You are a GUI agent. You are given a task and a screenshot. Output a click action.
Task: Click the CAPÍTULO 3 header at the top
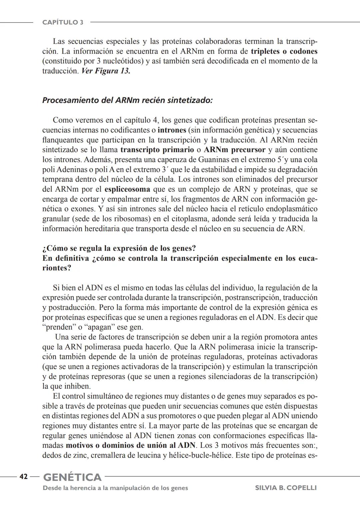[63, 22]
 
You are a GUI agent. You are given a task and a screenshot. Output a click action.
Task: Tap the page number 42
[23, 477]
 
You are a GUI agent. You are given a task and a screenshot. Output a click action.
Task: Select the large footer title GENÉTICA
[72, 477]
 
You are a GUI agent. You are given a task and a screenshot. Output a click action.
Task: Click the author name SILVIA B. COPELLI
[286, 488]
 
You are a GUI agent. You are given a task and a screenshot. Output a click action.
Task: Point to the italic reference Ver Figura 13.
[106, 71]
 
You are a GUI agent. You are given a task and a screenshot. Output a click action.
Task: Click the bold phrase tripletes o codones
[284, 51]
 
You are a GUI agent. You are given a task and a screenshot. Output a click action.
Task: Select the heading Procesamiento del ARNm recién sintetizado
[127, 100]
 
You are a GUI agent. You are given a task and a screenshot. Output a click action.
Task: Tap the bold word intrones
[172, 130]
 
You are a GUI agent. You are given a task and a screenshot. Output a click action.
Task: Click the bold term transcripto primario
[157, 150]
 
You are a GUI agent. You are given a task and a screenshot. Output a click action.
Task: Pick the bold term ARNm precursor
[234, 150]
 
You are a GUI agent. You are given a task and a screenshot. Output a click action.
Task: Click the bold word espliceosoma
[127, 189]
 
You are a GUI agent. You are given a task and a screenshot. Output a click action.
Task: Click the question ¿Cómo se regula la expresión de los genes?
[119, 249]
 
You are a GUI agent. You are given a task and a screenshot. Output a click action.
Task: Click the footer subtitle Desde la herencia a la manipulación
[115, 488]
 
